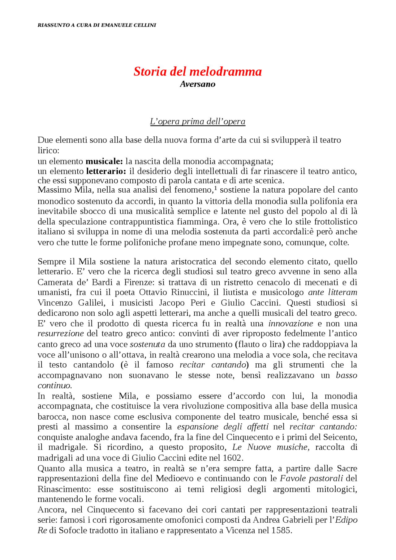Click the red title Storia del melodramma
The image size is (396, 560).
[x=197, y=71]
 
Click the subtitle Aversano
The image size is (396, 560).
[x=197, y=84]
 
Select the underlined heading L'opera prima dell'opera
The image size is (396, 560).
[x=197, y=122]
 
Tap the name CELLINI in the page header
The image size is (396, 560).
[x=145, y=25]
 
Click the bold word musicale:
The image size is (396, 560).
[x=104, y=161]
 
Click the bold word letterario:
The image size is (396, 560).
[x=106, y=171]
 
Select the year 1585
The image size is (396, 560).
[x=281, y=530]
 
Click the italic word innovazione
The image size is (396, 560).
[x=291, y=323]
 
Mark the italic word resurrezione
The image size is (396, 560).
[x=61, y=334]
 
